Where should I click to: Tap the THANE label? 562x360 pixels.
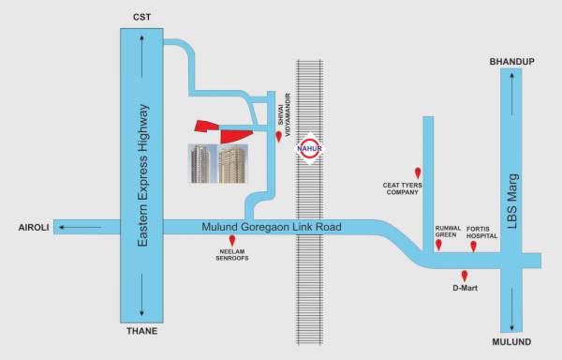pyautogui.click(x=142, y=331)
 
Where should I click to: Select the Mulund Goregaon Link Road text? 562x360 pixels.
pyautogui.click(x=272, y=227)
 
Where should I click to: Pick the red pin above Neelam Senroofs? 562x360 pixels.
pyautogui.click(x=232, y=241)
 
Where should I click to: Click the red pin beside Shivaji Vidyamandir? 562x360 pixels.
pyautogui.click(x=278, y=136)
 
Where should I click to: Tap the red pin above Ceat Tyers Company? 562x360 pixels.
pyautogui.click(x=418, y=172)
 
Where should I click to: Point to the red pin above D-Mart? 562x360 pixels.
pyautogui.click(x=465, y=275)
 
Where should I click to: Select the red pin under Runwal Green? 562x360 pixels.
pyautogui.click(x=438, y=246)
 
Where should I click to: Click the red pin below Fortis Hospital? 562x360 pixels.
pyautogui.click(x=473, y=246)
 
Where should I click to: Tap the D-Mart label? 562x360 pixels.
pyautogui.click(x=465, y=288)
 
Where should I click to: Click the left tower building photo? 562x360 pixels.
pyautogui.click(x=201, y=164)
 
